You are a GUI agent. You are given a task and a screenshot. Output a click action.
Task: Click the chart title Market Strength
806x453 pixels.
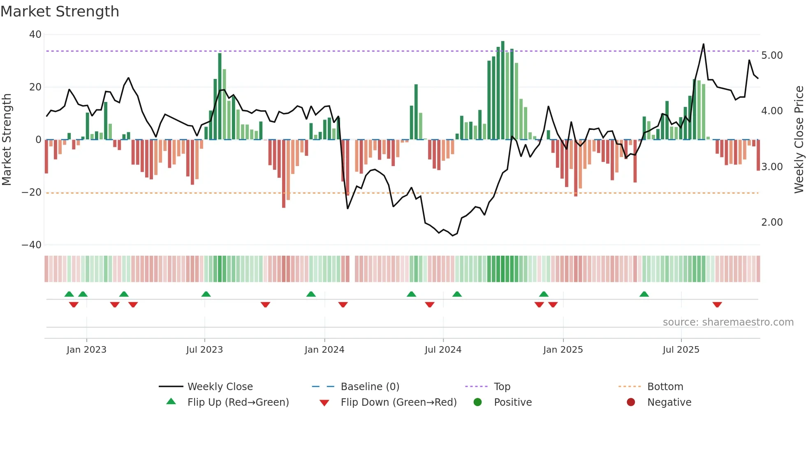pyautogui.click(x=60, y=12)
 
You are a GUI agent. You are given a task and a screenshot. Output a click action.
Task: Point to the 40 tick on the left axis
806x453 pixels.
pyautogui.click(x=35, y=35)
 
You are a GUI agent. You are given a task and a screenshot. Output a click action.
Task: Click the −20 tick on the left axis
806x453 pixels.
pyautogui.click(x=32, y=192)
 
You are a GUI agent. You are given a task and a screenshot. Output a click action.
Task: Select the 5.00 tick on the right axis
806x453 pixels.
pyautogui.click(x=772, y=55)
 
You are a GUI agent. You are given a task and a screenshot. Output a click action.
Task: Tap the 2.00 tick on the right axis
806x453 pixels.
pyautogui.click(x=772, y=222)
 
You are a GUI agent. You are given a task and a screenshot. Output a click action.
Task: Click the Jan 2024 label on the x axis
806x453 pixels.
pyautogui.click(x=324, y=350)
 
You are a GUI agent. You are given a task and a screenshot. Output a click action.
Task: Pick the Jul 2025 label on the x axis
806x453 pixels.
pyautogui.click(x=681, y=350)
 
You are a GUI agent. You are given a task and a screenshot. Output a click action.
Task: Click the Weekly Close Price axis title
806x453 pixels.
pyautogui.click(x=799, y=140)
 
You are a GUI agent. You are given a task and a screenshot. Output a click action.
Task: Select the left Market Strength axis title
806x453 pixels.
pyautogui.click(x=7, y=140)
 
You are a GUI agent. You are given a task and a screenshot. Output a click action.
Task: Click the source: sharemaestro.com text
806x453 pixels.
pyautogui.click(x=728, y=322)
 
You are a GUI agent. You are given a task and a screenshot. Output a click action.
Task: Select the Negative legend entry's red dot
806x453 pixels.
pyautogui.click(x=631, y=402)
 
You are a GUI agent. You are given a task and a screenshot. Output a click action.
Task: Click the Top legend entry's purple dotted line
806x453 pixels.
pyautogui.click(x=476, y=387)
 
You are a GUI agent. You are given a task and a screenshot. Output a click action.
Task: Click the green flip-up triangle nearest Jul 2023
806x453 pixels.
pyautogui.click(x=206, y=294)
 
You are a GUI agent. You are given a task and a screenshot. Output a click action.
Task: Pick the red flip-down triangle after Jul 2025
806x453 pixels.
pyautogui.click(x=717, y=305)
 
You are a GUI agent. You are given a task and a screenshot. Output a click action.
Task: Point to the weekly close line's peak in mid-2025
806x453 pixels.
pyautogui.click(x=703, y=44)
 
